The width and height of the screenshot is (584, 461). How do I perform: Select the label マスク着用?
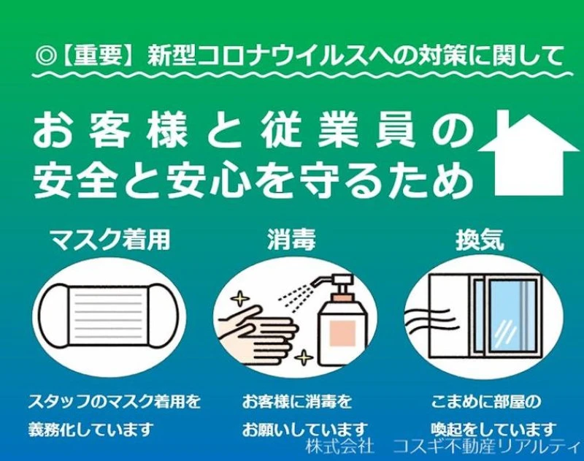110,240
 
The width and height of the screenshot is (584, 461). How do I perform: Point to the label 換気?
480,240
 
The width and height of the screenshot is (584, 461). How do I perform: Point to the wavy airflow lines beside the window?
428,320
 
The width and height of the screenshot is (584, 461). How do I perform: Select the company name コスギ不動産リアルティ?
486,446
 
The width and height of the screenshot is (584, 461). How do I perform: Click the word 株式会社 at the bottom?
339,446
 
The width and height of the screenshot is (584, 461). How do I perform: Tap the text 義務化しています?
91,430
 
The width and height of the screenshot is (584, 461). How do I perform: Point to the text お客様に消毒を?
297,402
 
